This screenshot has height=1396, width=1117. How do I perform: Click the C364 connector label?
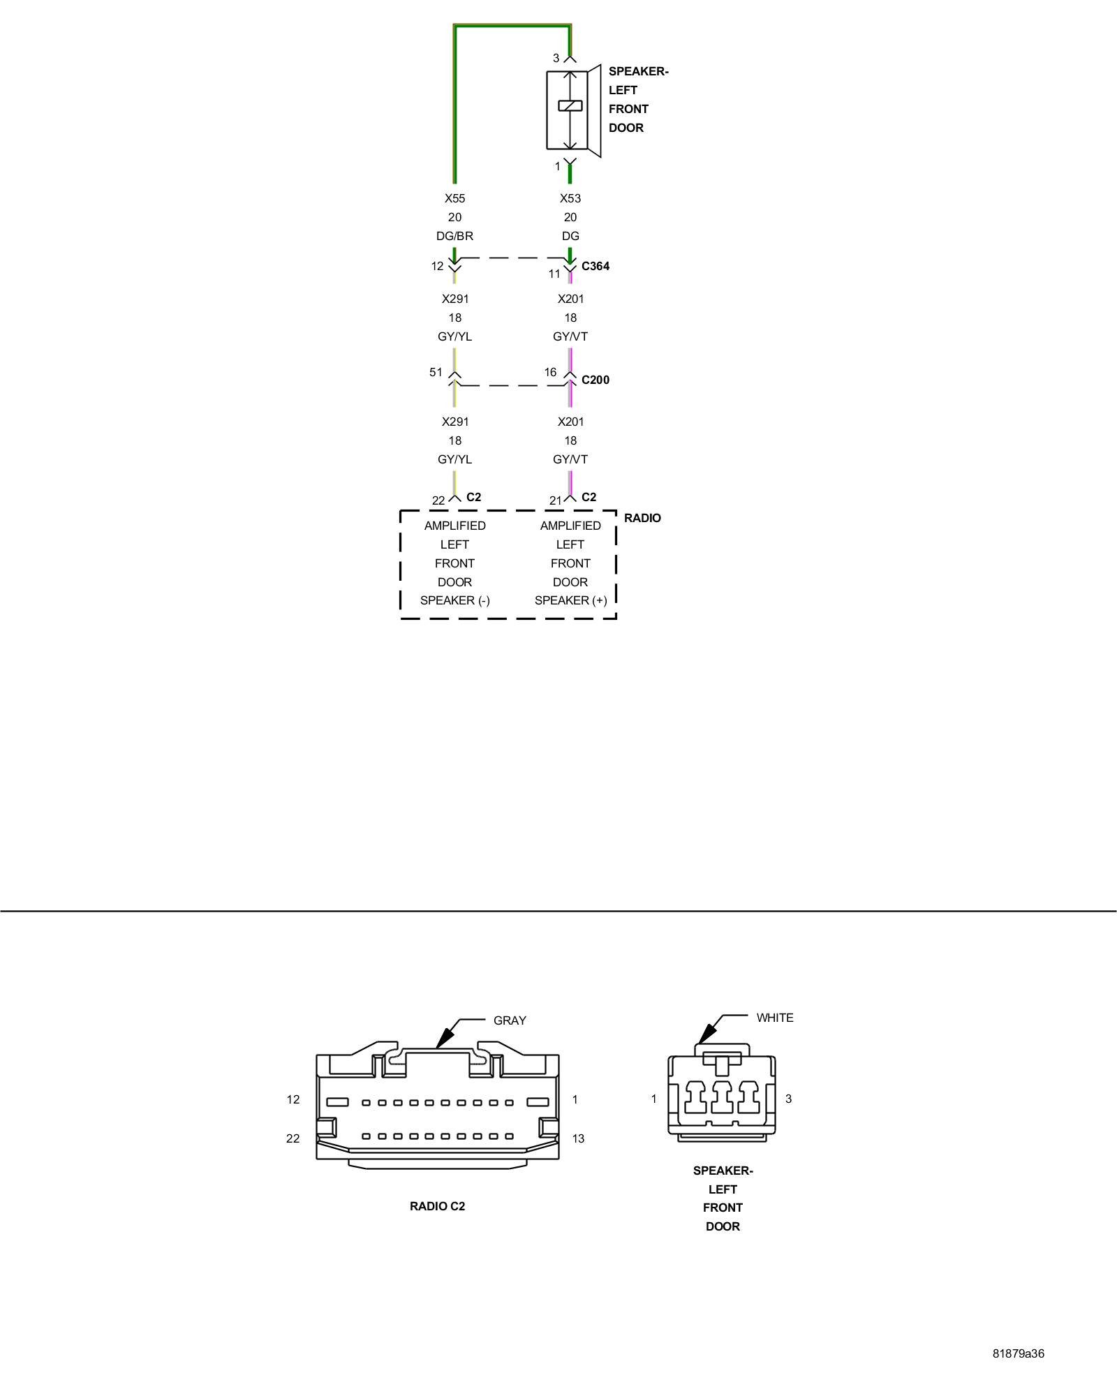595,266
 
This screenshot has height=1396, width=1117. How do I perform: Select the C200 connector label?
595,380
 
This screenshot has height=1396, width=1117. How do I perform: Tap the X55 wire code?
454,198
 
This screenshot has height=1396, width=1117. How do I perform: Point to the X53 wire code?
570,198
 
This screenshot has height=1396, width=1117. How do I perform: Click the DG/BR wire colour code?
454,236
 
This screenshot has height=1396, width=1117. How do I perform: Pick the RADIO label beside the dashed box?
642,518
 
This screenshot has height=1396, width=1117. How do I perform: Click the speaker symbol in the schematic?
572,110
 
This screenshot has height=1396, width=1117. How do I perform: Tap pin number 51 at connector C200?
436,372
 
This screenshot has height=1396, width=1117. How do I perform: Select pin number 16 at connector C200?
550,372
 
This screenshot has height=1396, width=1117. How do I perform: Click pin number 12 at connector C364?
437,266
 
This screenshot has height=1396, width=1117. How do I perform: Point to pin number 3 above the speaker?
556,58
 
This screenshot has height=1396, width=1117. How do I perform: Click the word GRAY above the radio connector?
510,1020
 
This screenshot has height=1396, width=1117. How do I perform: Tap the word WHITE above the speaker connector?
775,1018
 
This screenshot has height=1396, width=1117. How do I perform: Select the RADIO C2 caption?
437,1206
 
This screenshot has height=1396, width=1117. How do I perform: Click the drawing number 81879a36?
1019,1353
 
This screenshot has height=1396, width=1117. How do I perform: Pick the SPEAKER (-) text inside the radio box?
454,600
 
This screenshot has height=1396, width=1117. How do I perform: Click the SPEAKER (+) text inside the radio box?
570,600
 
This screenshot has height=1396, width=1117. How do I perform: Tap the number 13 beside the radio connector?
578,1138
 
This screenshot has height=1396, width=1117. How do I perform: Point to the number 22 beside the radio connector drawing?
293,1138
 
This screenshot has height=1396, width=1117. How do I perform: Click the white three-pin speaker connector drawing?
722,1097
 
